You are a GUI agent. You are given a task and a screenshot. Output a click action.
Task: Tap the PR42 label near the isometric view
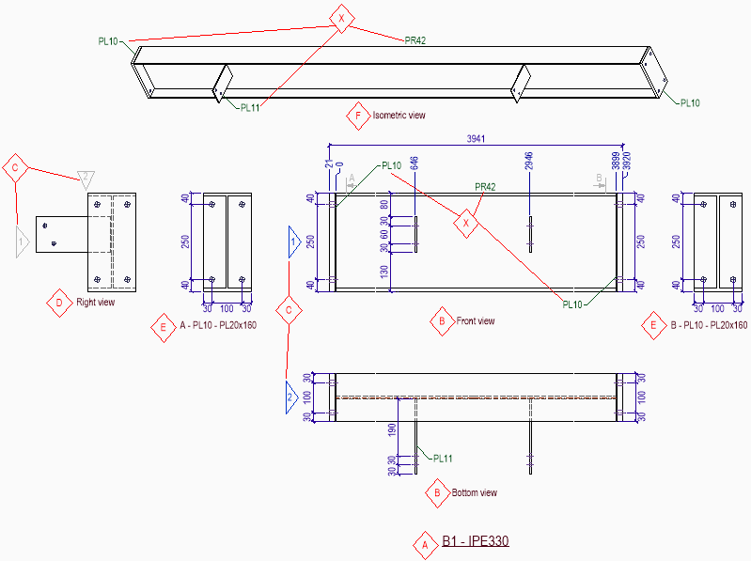415,40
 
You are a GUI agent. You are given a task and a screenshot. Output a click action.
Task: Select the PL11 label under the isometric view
250,107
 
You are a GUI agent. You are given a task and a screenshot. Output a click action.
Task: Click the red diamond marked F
357,117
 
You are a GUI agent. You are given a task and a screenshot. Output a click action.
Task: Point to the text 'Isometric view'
399,116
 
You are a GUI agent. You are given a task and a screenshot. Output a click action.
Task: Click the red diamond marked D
59,304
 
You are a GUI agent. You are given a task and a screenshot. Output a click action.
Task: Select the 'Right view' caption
96,304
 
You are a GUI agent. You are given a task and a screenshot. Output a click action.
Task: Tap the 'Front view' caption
476,321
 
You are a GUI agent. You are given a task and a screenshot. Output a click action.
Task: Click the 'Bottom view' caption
475,492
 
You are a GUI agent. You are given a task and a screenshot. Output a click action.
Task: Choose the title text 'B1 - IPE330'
476,541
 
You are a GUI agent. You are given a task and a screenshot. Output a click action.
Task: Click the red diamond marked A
424,543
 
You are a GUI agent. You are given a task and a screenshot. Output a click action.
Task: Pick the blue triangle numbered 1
294,242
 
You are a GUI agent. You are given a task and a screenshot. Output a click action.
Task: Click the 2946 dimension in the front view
530,161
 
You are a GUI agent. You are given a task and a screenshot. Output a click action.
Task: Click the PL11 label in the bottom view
443,459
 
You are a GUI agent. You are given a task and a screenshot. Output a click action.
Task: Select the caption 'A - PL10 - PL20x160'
217,325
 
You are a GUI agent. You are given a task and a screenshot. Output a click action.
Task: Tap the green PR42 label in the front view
486,186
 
